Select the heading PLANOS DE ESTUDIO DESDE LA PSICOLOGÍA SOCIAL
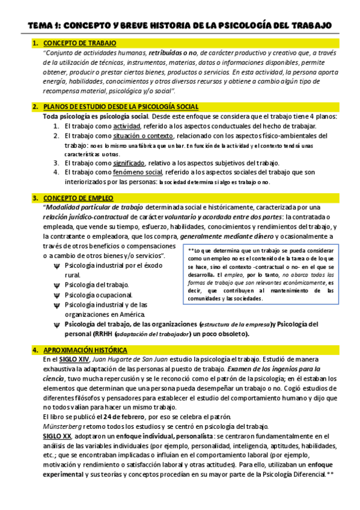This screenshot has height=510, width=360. point(113,106)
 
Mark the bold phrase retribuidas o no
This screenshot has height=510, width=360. point(172,52)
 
